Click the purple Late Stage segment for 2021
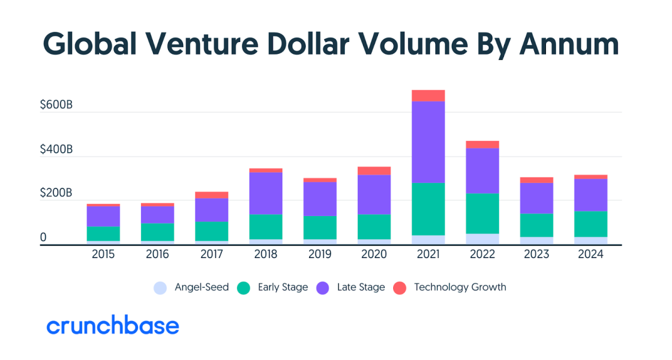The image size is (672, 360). pyautogui.click(x=428, y=142)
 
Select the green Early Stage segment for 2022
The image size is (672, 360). pyautogui.click(x=483, y=213)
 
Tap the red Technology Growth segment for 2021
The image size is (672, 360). pyautogui.click(x=428, y=96)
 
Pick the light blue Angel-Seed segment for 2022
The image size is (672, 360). pyautogui.click(x=483, y=239)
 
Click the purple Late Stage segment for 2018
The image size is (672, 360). pyautogui.click(x=266, y=193)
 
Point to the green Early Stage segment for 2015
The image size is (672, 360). pyautogui.click(x=104, y=233)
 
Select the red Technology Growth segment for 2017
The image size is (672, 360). pyautogui.click(x=212, y=195)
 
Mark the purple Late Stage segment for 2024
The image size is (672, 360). pyautogui.click(x=591, y=195)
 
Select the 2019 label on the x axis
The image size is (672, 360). pyautogui.click(x=320, y=255)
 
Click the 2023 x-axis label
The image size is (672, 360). pyautogui.click(x=536, y=255)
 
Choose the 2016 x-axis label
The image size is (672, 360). pyautogui.click(x=157, y=255)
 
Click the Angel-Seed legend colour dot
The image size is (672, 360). pyautogui.click(x=161, y=288)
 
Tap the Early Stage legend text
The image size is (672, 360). pyautogui.click(x=283, y=287)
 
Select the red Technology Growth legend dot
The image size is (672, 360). pyautogui.click(x=399, y=288)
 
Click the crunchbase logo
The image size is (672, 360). pyautogui.click(x=113, y=326)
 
